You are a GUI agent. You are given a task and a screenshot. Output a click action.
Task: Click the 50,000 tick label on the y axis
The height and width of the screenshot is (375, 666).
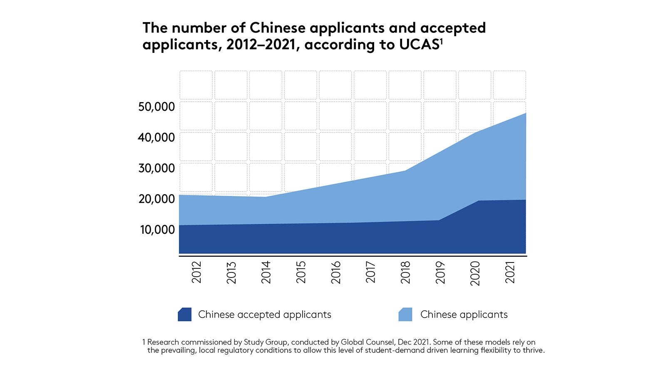(157, 107)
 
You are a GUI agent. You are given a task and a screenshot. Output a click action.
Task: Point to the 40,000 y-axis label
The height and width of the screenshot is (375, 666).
(157, 137)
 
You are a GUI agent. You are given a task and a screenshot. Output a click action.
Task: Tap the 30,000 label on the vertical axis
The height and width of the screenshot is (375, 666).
(157, 168)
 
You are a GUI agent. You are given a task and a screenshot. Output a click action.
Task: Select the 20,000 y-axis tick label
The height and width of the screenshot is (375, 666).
(157, 199)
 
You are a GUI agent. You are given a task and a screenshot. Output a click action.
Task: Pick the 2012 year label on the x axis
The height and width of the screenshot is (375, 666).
(196, 272)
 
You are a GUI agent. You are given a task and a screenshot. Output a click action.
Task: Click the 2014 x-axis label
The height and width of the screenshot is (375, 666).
(266, 272)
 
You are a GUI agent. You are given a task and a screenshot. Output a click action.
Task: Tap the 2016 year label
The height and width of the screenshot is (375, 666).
(336, 272)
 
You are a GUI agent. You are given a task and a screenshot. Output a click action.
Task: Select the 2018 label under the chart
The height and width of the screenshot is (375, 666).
(405, 272)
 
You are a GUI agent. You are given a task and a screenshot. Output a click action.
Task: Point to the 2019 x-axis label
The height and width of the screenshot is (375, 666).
(440, 272)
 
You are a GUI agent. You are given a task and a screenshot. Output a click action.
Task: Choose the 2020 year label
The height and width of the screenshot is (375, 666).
(475, 273)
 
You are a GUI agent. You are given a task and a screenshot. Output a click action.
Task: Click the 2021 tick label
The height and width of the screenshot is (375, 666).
(510, 272)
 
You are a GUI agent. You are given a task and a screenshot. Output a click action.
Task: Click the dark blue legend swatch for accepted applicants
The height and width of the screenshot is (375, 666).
(184, 315)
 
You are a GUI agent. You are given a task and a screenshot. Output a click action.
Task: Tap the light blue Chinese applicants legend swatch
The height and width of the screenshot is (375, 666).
(405, 315)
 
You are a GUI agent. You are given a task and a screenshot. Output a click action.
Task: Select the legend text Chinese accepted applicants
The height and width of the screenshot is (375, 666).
(265, 315)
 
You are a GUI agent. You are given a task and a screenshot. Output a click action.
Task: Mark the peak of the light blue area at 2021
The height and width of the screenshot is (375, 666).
(526, 113)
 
